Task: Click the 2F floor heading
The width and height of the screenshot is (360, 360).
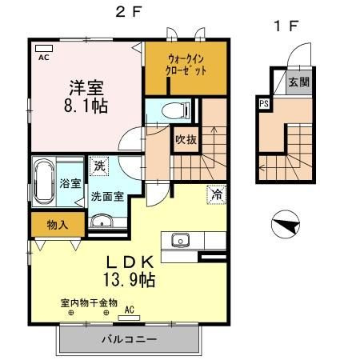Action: pyautogui.click(x=128, y=12)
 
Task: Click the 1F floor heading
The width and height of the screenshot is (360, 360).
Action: pyautogui.click(x=286, y=26)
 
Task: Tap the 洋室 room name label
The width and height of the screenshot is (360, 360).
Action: pyautogui.click(x=86, y=87)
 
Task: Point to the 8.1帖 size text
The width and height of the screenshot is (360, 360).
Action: pyautogui.click(x=86, y=106)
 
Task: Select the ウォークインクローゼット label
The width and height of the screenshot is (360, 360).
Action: pyautogui.click(x=186, y=65)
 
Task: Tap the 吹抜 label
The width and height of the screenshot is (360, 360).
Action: pyautogui.click(x=186, y=139)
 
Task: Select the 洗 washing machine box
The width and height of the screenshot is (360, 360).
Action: pyautogui.click(x=99, y=166)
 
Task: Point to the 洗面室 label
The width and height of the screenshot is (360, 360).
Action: pyautogui.click(x=107, y=197)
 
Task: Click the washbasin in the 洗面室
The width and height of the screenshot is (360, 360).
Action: pyautogui.click(x=102, y=222)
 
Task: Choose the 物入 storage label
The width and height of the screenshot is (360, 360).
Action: pyautogui.click(x=58, y=225)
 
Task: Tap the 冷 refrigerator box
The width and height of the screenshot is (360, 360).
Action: pyautogui.click(x=217, y=194)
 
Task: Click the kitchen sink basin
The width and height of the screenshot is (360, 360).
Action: pyautogui.click(x=181, y=240)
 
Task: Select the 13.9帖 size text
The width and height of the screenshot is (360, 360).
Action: pyautogui.click(x=129, y=280)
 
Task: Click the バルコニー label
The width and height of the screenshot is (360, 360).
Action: pyautogui.click(x=129, y=339)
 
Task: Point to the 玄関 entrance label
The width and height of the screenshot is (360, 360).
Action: pyautogui.click(x=299, y=82)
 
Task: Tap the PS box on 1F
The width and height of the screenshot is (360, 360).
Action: pyautogui.click(x=264, y=103)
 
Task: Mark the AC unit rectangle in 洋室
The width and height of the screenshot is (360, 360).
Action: pyautogui.click(x=44, y=48)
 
